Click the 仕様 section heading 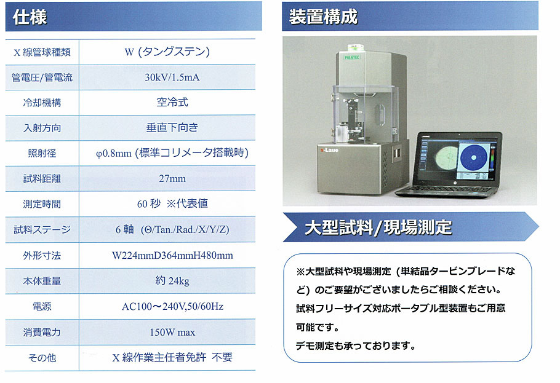click(x=30, y=17)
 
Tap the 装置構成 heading click(x=323, y=17)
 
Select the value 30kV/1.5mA click(x=172, y=77)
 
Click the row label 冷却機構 click(x=42, y=103)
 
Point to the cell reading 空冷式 click(x=172, y=103)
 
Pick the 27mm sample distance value click(x=172, y=178)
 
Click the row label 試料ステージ click(x=42, y=229)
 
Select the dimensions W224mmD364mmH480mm click(x=172, y=256)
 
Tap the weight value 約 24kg click(x=172, y=281)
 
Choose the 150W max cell click(x=172, y=333)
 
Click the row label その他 click(x=42, y=358)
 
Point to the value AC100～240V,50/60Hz click(x=172, y=307)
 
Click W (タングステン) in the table click(x=167, y=52)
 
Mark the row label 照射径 click(x=42, y=154)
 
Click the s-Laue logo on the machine click(x=329, y=150)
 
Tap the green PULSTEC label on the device click(x=352, y=57)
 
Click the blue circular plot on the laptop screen click(x=474, y=157)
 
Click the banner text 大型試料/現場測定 click(x=378, y=227)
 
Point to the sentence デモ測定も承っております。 click(x=355, y=345)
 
